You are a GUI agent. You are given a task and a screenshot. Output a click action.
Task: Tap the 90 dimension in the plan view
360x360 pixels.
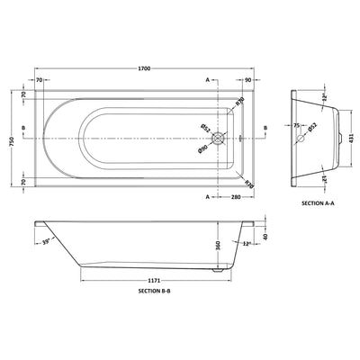tap(247, 81)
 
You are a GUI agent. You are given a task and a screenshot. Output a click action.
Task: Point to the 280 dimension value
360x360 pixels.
tap(238, 195)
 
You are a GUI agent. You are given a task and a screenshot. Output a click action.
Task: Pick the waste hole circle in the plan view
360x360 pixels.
tap(218, 139)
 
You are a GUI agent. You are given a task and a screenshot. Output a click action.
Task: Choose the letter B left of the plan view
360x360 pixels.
tap(22, 139)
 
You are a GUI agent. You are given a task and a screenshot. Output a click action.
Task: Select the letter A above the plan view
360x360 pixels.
tap(209, 81)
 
